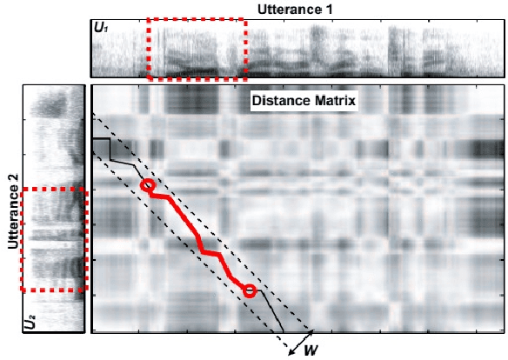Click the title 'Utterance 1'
(x=295, y=8)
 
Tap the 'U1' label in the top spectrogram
(x=101, y=28)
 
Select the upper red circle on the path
(x=148, y=185)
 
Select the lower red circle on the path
(x=250, y=290)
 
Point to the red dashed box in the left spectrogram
(x=53, y=239)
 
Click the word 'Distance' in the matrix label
(x=277, y=100)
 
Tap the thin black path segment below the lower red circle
(x=271, y=312)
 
